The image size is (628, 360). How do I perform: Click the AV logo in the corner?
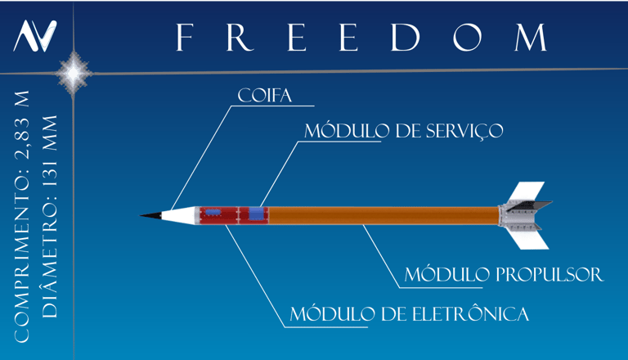coord(36,35)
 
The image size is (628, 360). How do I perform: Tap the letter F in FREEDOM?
coord(186,38)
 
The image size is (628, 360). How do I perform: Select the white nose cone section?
coord(181,215)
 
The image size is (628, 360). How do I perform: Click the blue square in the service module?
coord(258,214)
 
